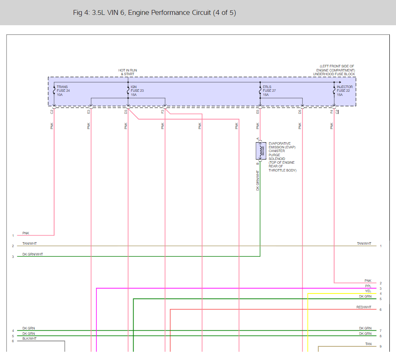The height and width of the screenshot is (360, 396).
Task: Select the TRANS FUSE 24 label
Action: (x=63, y=91)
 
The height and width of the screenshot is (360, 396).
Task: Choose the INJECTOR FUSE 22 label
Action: (x=344, y=91)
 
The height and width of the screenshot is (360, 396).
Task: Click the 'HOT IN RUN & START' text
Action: (x=127, y=72)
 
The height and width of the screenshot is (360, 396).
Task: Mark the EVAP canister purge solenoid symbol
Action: (x=260, y=151)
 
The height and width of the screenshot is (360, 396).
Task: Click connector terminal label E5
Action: (x=258, y=112)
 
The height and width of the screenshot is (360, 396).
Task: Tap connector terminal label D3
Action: (x=126, y=112)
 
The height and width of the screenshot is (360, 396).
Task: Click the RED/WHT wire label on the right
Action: (x=364, y=307)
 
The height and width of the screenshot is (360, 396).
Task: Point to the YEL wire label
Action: (x=368, y=291)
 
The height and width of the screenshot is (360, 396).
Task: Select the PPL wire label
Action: (x=368, y=286)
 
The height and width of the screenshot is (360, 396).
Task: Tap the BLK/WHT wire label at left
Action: (x=29, y=339)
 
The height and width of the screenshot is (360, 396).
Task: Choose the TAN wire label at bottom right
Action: (x=368, y=344)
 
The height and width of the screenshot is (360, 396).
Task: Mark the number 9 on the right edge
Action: (x=380, y=346)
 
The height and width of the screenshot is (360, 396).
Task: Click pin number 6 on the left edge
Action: (x=13, y=341)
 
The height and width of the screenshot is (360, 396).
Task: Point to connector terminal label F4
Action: (x=332, y=112)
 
